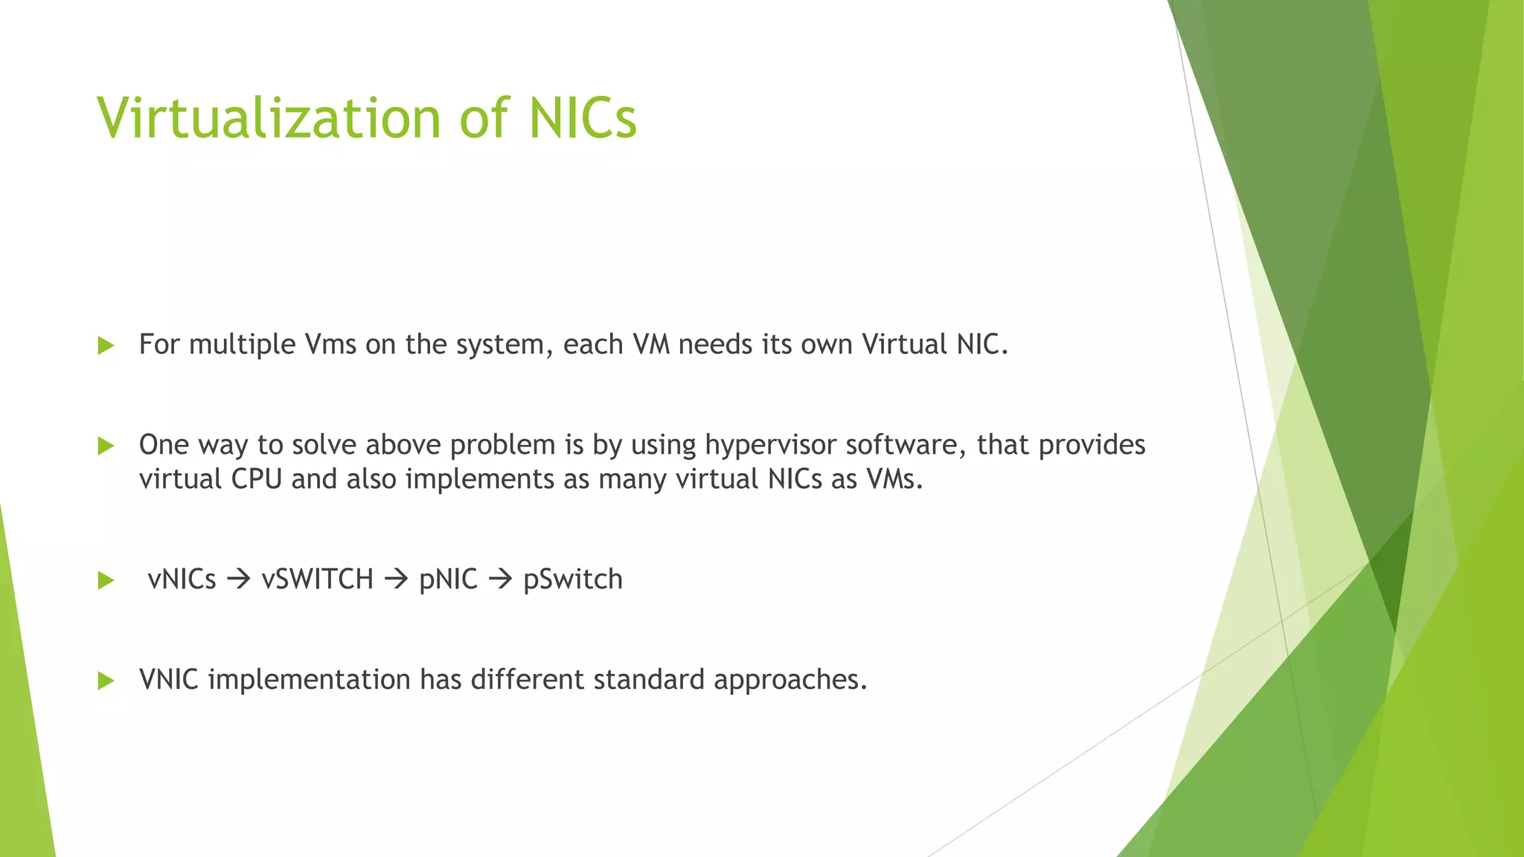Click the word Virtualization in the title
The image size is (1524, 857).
[269, 118]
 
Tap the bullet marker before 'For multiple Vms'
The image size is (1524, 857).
[106, 345]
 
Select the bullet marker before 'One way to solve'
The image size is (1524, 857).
[106, 446]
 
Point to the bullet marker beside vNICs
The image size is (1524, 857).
[106, 580]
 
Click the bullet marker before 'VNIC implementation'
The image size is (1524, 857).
[106, 681]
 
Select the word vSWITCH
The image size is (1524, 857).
[318, 580]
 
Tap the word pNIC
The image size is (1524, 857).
[448, 580]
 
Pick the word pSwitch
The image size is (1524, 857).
[573, 580]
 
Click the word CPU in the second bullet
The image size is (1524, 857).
[257, 479]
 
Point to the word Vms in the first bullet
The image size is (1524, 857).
[330, 344]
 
